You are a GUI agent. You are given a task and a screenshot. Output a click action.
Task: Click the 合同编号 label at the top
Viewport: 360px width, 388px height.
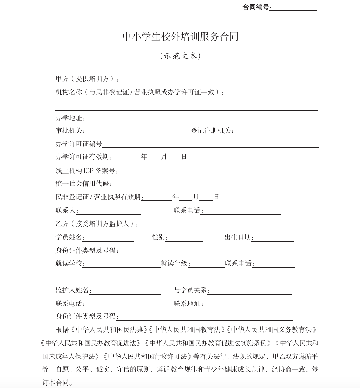pos(256,7)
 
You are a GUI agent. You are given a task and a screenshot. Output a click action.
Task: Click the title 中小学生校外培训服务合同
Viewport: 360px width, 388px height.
pos(180,37)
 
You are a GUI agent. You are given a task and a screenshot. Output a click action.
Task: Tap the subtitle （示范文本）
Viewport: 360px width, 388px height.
pos(180,56)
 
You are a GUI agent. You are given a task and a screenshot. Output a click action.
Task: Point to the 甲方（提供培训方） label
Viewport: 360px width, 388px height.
pos(87,79)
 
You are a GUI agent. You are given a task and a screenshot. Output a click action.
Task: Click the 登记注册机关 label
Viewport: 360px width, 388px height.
pos(211,131)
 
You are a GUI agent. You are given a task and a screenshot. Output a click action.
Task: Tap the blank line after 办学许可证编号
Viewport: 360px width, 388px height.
pos(212,144)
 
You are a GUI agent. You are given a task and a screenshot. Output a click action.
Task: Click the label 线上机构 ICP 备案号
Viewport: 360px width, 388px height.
pos(85,171)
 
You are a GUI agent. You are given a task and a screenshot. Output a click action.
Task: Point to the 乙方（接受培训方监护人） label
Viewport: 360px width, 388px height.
pos(97,224)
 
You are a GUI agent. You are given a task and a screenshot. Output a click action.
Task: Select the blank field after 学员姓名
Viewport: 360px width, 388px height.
pos(109,238)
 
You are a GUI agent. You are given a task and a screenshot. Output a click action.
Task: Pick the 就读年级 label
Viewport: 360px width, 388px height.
pos(174,263)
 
